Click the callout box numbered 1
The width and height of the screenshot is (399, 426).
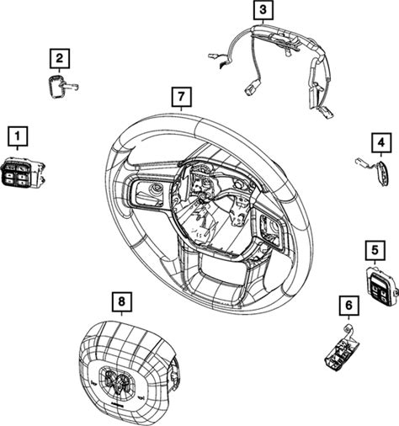[18, 136]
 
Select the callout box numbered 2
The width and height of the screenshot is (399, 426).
[60, 59]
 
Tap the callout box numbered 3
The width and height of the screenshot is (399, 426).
[263, 10]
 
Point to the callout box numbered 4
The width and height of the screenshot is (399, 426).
[381, 143]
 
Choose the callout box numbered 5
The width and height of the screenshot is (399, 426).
[375, 250]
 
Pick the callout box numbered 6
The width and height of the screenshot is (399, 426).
[348, 306]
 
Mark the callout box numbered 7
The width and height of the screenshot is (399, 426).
[182, 97]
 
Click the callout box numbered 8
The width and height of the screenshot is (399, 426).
[121, 302]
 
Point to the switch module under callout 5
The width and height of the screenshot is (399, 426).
[380, 285]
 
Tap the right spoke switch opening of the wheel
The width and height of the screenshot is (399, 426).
[271, 229]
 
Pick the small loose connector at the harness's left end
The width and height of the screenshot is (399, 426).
[212, 56]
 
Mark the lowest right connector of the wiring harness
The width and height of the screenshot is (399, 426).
[327, 112]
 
